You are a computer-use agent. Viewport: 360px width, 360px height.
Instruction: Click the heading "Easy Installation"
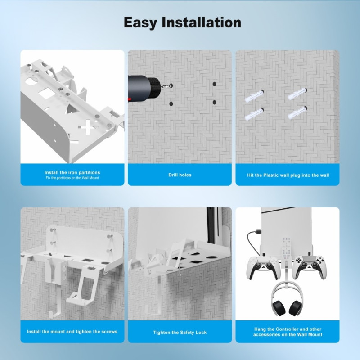point(182,22)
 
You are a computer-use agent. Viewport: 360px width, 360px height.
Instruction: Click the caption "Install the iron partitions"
point(72,172)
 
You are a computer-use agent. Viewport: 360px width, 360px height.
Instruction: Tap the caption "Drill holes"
point(180,175)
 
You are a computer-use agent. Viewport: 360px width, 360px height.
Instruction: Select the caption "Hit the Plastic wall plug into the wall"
point(288,175)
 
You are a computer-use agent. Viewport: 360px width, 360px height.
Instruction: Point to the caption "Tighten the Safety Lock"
point(180,332)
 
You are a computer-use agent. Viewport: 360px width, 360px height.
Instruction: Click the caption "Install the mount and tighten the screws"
point(72,332)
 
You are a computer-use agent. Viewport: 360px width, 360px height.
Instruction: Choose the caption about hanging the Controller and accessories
point(288,332)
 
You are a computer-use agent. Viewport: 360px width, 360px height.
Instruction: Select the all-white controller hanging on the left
point(260,268)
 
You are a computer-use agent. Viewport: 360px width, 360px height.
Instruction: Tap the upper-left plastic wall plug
point(254,96)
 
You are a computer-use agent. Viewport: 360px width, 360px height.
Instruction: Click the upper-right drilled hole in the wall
point(215,84)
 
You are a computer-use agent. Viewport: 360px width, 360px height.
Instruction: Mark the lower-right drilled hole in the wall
point(215,102)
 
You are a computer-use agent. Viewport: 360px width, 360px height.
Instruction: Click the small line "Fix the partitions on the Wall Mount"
point(72,178)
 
